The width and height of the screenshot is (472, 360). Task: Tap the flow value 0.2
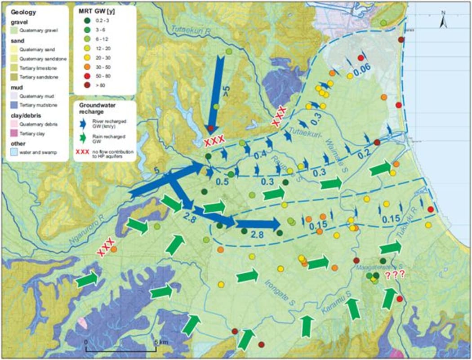pyautogui.click(x=364, y=155)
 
